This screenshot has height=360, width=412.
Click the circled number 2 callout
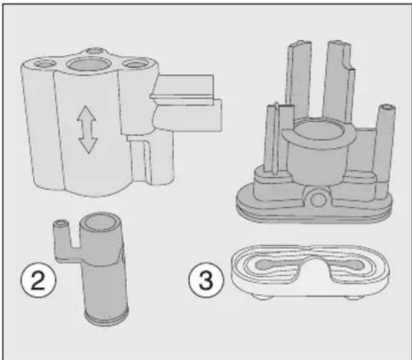(x=39, y=280)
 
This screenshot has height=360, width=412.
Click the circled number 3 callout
(x=207, y=280)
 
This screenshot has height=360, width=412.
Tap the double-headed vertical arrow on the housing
(x=87, y=130)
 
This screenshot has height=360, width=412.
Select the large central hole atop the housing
(x=90, y=64)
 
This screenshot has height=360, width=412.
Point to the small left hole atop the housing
(x=45, y=64)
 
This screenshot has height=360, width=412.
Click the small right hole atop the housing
(x=135, y=64)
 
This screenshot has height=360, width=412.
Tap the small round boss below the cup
(x=318, y=200)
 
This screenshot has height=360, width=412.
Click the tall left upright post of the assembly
(x=299, y=79)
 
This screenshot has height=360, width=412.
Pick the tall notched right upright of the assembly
(x=339, y=81)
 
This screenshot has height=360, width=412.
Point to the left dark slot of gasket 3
(x=280, y=264)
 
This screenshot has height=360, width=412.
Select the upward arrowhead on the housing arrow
(x=86, y=113)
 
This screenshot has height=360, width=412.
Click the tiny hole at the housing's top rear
(x=95, y=50)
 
